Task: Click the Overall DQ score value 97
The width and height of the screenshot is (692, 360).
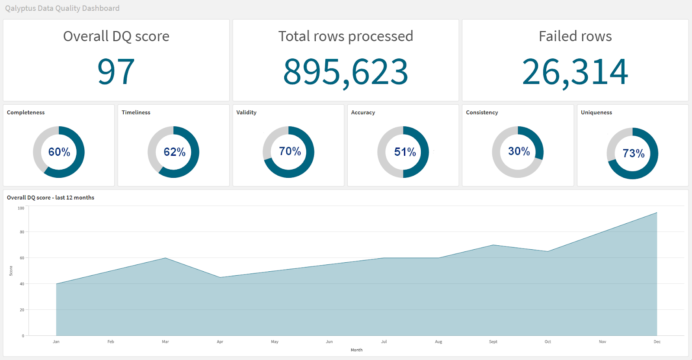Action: (116, 72)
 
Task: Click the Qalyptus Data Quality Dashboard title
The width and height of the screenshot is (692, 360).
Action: (62, 8)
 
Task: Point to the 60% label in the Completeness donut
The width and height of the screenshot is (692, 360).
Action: (59, 152)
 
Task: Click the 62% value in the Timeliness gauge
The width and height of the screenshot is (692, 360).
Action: (174, 152)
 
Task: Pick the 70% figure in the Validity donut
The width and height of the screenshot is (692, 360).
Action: (290, 151)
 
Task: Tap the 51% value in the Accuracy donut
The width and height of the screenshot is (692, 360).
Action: (405, 152)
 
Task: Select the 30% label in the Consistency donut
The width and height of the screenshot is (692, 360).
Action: (519, 151)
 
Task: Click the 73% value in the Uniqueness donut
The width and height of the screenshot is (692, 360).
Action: (634, 153)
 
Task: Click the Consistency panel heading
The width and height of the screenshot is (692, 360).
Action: (482, 112)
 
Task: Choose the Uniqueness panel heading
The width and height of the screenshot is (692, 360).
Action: (596, 112)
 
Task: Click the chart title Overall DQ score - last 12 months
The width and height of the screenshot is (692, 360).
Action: (51, 198)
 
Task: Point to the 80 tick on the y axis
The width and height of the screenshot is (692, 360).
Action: (22, 232)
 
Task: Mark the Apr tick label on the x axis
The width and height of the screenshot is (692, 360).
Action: (220, 342)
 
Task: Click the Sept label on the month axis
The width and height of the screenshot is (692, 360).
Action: (493, 342)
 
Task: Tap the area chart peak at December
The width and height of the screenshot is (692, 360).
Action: (657, 212)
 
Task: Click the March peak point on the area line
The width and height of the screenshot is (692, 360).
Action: (165, 258)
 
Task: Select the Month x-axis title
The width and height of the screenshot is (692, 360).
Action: (356, 350)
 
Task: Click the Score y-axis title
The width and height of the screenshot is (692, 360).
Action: (11, 271)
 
